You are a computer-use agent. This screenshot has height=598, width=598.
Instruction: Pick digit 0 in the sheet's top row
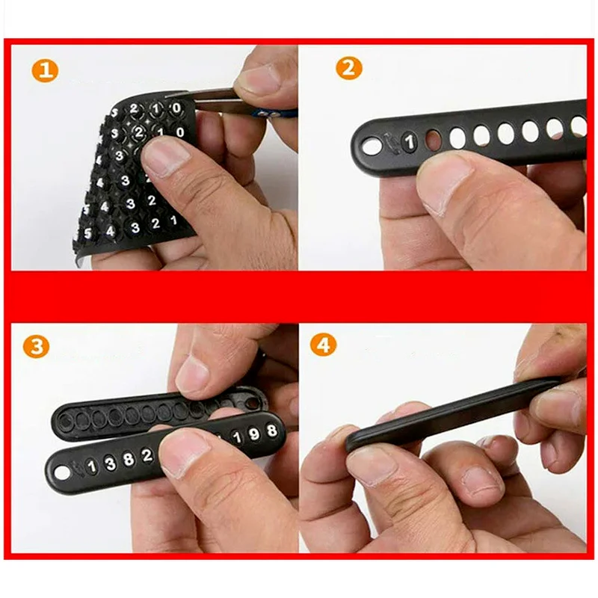(x=176, y=108)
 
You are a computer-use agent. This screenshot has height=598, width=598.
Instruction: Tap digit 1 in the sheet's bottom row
(x=173, y=221)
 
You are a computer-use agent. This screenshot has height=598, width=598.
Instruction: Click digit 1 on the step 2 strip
(x=409, y=141)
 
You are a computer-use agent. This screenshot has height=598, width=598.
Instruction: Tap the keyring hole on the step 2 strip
(x=372, y=147)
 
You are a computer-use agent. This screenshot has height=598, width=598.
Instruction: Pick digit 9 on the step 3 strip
(x=254, y=434)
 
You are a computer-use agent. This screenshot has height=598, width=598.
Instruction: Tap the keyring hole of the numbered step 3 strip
(x=62, y=472)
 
